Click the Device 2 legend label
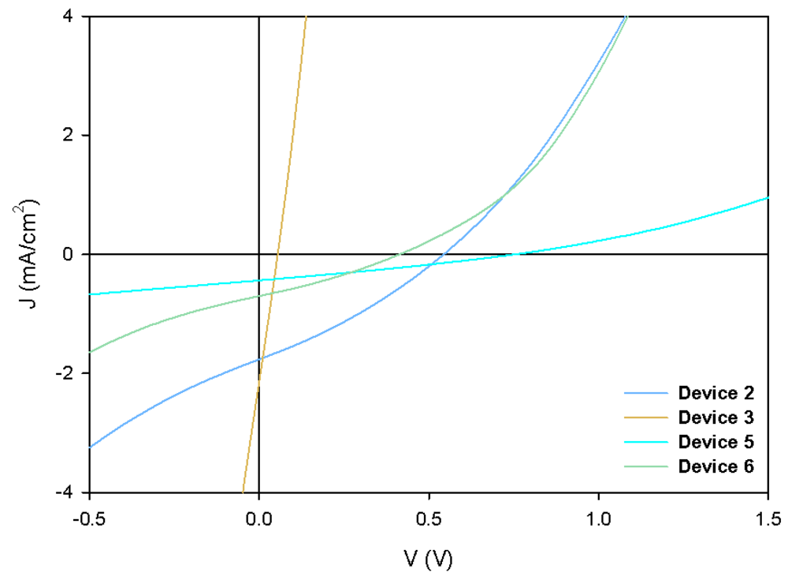(x=716, y=393)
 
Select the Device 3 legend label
(x=716, y=417)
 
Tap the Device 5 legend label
(x=716, y=442)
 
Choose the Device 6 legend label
(x=716, y=466)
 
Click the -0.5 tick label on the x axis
(x=89, y=519)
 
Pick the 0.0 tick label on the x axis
(x=259, y=519)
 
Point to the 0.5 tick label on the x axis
(x=429, y=519)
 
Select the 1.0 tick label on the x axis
(x=599, y=519)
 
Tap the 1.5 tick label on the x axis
(x=768, y=519)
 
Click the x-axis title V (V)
(x=429, y=559)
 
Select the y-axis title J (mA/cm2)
(x=28, y=254)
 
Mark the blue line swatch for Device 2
(x=645, y=393)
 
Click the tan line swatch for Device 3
(x=645, y=417)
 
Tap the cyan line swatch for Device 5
(x=645, y=442)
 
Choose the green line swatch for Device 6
(x=645, y=466)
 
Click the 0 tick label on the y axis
(x=72, y=254)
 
